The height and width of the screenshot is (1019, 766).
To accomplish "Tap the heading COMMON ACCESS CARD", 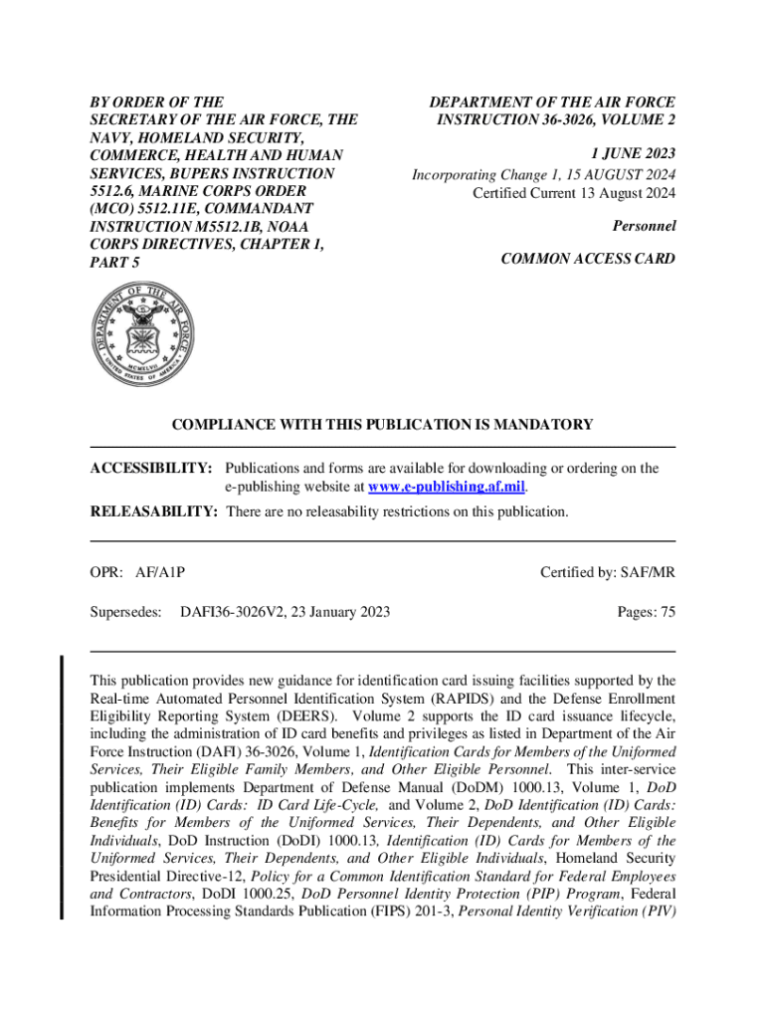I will pyautogui.click(x=588, y=259).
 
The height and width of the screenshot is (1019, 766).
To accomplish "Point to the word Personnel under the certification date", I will pyautogui.click(x=644, y=226).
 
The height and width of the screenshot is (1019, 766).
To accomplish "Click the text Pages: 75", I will pyautogui.click(x=646, y=612).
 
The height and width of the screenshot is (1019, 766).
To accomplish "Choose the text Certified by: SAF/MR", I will pyautogui.click(x=608, y=572).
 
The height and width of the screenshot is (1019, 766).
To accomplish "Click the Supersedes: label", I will pyautogui.click(x=125, y=612).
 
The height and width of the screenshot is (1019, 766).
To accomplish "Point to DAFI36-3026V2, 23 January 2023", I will pyautogui.click(x=285, y=612).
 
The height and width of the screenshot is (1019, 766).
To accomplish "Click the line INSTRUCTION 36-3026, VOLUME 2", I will pyautogui.click(x=556, y=120).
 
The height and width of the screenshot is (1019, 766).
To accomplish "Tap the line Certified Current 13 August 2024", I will pyautogui.click(x=574, y=192).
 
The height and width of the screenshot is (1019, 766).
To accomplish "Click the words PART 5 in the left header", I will pyautogui.click(x=115, y=263).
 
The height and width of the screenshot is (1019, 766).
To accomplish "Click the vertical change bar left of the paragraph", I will pyautogui.click(x=63, y=786).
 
